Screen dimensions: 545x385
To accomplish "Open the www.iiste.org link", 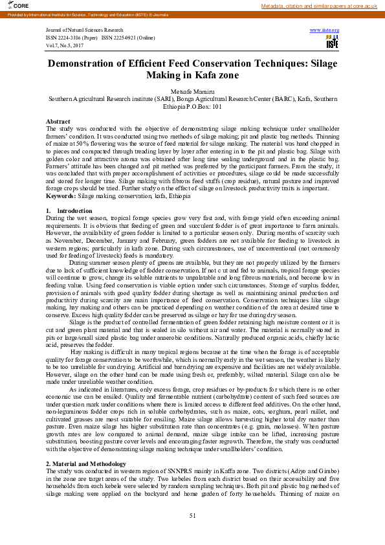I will [325, 30].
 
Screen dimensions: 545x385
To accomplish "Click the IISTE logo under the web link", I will [332, 43].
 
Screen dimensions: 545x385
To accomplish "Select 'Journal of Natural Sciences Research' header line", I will [84, 30].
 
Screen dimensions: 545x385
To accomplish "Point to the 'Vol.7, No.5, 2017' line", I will [65, 45].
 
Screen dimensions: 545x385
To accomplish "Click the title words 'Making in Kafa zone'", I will [192, 76].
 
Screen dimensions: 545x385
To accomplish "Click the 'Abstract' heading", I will [58, 122].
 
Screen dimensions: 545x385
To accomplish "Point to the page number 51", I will [192, 515].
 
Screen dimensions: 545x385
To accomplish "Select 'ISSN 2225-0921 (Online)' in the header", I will [128, 38].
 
